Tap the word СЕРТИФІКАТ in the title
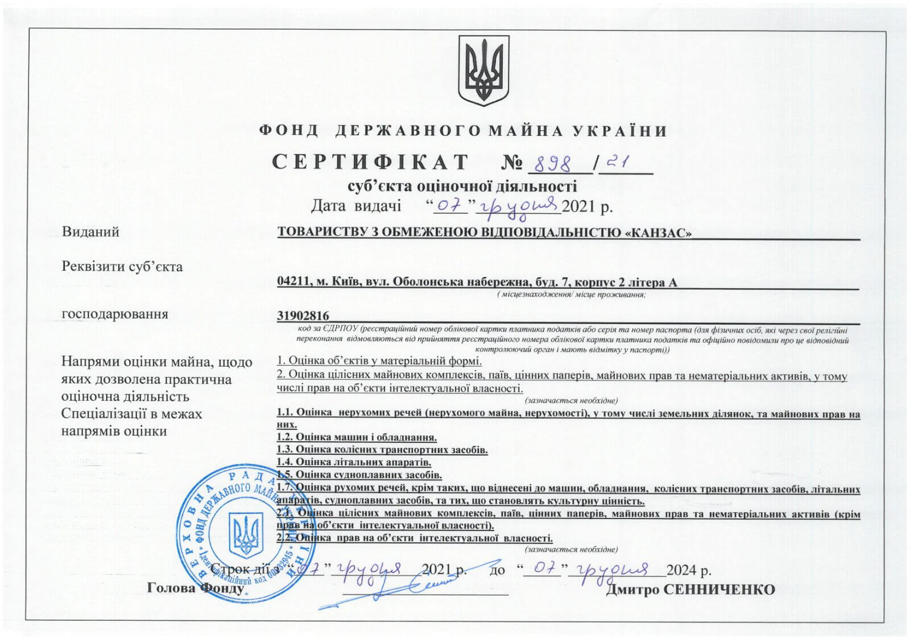(370, 163)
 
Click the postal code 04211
(292, 282)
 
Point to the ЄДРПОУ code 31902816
(303, 316)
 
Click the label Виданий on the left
(90, 232)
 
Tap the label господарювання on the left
(115, 314)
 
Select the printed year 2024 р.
(689, 570)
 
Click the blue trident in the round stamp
(246, 535)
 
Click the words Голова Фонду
(196, 588)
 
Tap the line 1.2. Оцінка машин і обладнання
(357, 437)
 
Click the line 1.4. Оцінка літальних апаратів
(354, 462)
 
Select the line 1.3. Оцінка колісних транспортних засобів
(382, 450)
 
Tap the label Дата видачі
(356, 206)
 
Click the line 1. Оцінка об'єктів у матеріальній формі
(379, 360)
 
